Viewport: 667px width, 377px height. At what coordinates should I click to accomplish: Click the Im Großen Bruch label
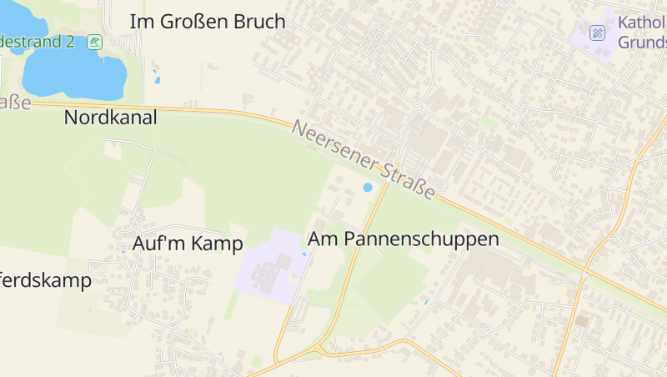[208, 22]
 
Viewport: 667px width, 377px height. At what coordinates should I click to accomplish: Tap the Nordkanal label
[110, 118]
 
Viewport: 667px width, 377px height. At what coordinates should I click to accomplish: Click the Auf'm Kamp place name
[188, 244]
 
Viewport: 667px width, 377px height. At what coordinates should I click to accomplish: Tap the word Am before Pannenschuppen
[323, 239]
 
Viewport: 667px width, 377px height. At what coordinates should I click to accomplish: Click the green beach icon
[95, 41]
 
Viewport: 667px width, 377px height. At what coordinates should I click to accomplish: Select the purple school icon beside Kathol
[597, 33]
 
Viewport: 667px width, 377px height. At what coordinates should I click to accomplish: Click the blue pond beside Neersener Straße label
[368, 188]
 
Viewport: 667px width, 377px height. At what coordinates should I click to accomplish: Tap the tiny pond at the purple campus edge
[303, 254]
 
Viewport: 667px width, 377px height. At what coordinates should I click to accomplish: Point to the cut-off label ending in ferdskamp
[45, 280]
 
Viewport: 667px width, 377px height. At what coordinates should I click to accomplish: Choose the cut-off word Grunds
[642, 42]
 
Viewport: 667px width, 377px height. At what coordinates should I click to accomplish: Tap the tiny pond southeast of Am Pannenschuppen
[425, 301]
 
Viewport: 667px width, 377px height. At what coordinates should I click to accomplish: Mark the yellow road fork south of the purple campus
[320, 349]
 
